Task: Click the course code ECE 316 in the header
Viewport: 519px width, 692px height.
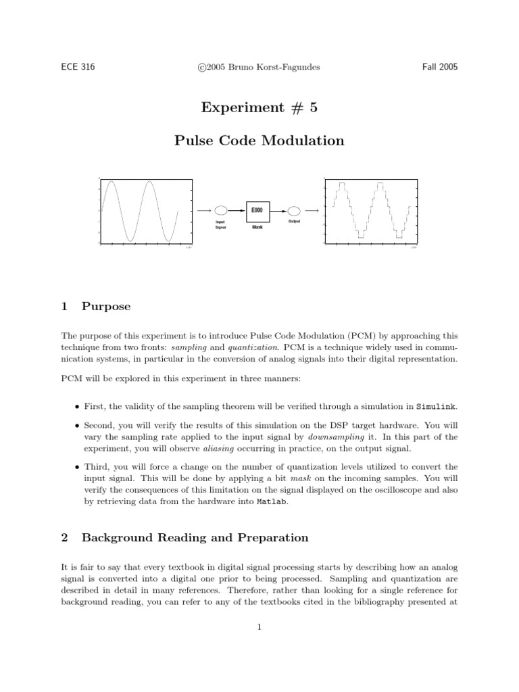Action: click(78, 67)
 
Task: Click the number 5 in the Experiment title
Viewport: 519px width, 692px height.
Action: click(313, 107)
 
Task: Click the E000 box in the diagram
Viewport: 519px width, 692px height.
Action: click(257, 211)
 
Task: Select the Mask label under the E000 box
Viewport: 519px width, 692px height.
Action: click(257, 228)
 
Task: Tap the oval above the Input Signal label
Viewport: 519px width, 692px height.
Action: click(220, 211)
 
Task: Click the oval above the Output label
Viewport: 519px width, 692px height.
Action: click(294, 211)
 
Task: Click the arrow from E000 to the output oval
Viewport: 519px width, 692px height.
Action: click(277, 211)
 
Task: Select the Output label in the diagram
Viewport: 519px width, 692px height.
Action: click(294, 222)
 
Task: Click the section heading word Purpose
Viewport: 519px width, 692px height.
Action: click(106, 306)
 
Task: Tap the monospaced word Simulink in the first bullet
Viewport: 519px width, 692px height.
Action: click(437, 406)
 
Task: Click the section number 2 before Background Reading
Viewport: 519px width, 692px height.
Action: click(64, 538)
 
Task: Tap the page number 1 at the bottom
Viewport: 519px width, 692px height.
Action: click(259, 626)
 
